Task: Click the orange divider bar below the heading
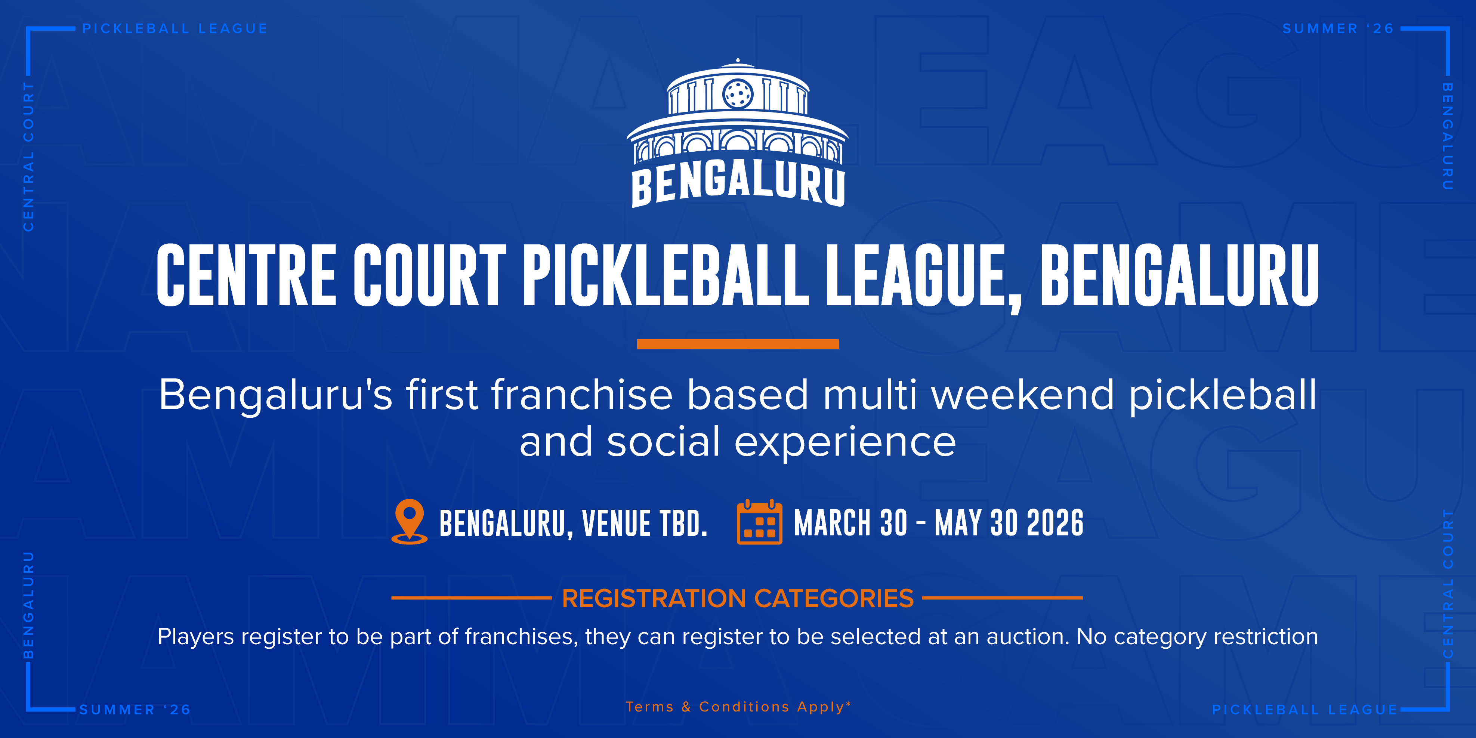[x=738, y=344]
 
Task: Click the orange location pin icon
[x=409, y=521]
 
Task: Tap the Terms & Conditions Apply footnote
[x=738, y=707]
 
